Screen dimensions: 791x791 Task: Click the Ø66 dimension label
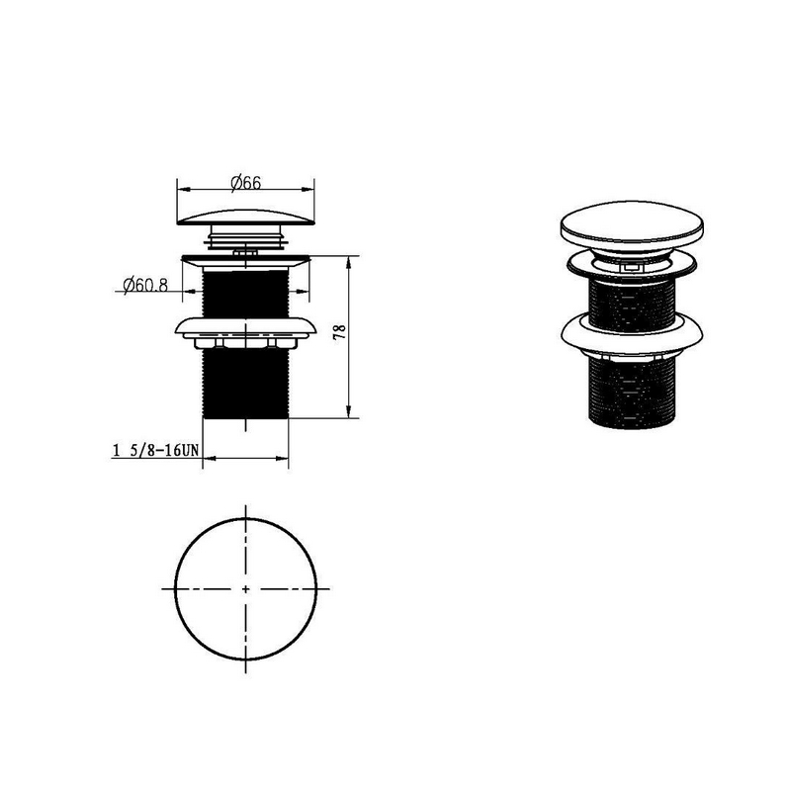246,183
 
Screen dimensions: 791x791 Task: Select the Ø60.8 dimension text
145,286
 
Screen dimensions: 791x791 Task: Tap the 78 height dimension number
340,331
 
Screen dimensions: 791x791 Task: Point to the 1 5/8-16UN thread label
156,450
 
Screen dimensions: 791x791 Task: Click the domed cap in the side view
245,218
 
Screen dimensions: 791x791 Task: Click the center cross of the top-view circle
245,588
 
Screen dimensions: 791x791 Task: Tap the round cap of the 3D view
632,225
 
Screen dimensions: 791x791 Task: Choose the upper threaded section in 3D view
632,305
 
